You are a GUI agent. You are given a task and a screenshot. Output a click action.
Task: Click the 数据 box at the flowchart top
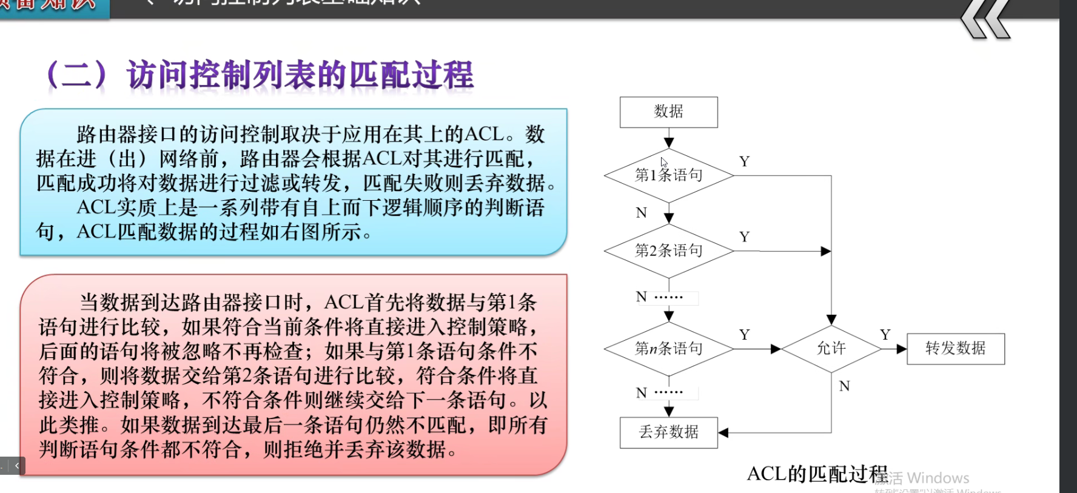point(668,112)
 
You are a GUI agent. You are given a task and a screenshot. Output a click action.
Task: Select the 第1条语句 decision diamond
point(668,176)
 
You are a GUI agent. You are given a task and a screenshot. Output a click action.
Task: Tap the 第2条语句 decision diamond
point(668,251)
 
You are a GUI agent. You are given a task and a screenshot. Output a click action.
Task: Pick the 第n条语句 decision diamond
point(668,349)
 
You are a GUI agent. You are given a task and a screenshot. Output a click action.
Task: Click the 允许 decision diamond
point(831,349)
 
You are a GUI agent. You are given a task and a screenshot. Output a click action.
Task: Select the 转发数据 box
point(955,349)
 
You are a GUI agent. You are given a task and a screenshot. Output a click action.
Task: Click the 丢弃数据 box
point(668,432)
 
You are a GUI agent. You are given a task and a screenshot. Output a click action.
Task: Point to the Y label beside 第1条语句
point(744,162)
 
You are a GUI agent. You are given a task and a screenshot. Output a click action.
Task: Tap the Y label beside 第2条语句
point(744,237)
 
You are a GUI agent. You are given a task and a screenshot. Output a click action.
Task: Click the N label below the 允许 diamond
point(844,386)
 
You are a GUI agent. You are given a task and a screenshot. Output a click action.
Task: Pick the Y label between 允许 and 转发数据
point(885,335)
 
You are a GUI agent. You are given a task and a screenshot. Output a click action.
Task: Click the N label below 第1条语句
point(641,213)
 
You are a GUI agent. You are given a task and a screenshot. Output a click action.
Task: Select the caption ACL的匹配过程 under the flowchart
point(817,474)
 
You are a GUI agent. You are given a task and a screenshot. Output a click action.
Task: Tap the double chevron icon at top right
point(985,19)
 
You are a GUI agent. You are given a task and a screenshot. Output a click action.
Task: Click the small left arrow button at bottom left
point(17,466)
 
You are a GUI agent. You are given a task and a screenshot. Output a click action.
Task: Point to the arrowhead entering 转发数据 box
point(902,349)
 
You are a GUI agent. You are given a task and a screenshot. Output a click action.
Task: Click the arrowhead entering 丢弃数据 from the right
point(723,432)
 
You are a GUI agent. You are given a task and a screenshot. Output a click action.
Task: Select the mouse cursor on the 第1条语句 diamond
point(663,162)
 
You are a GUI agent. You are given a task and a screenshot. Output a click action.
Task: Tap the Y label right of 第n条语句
point(744,335)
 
